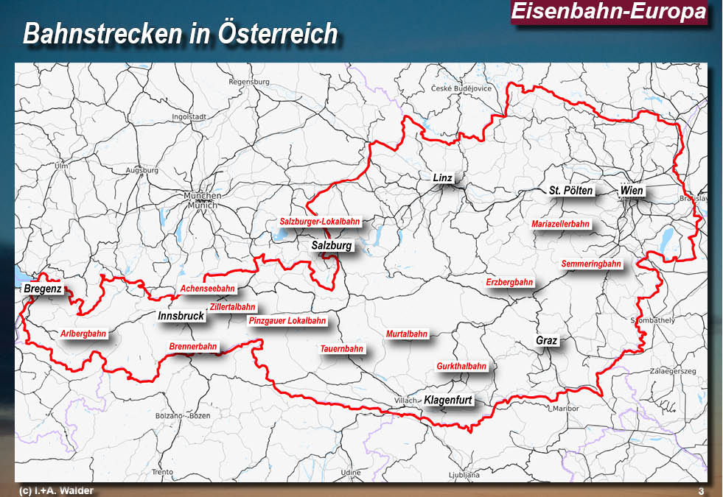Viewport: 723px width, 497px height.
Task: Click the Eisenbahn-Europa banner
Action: click(x=608, y=12)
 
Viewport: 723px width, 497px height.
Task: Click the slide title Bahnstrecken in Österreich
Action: click(x=181, y=34)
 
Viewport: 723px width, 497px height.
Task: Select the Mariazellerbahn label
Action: click(x=560, y=224)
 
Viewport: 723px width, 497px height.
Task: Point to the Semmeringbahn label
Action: click(x=590, y=264)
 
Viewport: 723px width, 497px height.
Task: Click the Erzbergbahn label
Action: click(x=509, y=282)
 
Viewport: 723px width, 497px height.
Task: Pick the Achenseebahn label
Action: click(x=208, y=289)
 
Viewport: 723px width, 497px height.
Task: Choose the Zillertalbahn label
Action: click(x=232, y=307)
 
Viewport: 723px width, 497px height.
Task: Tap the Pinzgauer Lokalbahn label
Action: click(x=287, y=321)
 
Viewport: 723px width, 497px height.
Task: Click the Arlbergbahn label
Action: click(x=83, y=334)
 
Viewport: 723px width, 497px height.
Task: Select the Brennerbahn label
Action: click(x=193, y=346)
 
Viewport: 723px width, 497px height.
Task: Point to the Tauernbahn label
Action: click(x=341, y=348)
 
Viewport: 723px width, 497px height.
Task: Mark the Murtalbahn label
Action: click(x=406, y=334)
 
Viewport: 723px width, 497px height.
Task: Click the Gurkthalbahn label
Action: click(x=461, y=366)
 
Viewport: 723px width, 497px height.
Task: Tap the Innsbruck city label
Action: click(x=181, y=316)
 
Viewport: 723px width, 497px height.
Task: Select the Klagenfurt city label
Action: click(x=448, y=401)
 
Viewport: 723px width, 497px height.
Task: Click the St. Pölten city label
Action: click(x=570, y=191)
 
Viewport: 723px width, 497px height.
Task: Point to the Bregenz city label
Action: click(x=43, y=289)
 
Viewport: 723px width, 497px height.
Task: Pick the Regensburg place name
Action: click(x=245, y=82)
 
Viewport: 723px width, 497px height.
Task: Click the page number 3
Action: click(x=701, y=491)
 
